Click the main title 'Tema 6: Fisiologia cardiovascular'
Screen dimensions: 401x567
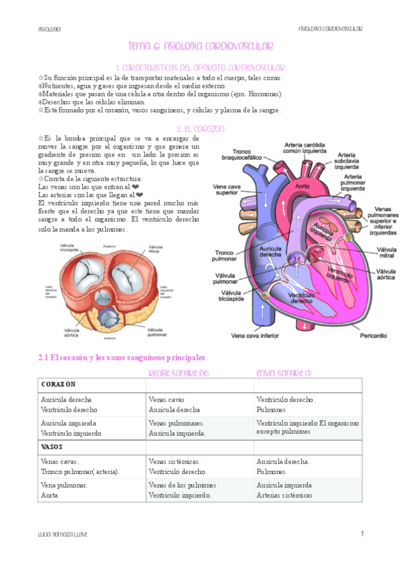[201, 45]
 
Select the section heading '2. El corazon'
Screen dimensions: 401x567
[200, 128]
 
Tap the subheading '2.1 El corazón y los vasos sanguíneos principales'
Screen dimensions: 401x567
[121, 358]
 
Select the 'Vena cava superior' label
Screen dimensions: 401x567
[228, 190]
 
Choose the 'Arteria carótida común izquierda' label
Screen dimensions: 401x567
[308, 148]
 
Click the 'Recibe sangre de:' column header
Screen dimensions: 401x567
[179, 372]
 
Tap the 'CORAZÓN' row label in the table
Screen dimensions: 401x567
[58, 385]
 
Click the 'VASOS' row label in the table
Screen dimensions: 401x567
[52, 447]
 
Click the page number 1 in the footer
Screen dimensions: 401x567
[362, 534]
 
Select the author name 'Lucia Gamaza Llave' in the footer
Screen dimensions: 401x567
[63, 534]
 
